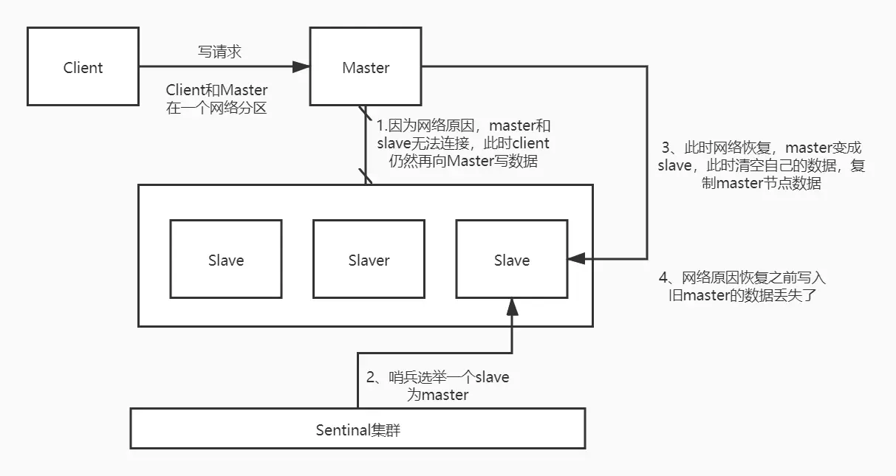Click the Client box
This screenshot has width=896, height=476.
coord(83,67)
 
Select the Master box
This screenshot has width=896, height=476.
coord(366,67)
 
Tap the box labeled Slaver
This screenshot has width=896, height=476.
coord(369,259)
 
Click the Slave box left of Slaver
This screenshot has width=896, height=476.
coord(225,259)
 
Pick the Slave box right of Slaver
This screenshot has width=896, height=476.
coord(511,259)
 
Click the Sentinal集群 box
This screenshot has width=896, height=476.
coord(358,429)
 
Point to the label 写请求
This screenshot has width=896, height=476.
coord(219,52)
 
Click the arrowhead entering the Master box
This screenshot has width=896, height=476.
coord(301,67)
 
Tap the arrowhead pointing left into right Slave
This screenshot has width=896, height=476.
coord(576,258)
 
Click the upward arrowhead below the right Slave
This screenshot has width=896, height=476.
coord(511,306)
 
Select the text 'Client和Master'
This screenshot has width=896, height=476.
coord(216,90)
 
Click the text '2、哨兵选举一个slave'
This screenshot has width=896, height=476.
coord(437,377)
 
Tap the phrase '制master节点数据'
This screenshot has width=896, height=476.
coord(761,184)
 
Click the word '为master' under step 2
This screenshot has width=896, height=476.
coord(437,395)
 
